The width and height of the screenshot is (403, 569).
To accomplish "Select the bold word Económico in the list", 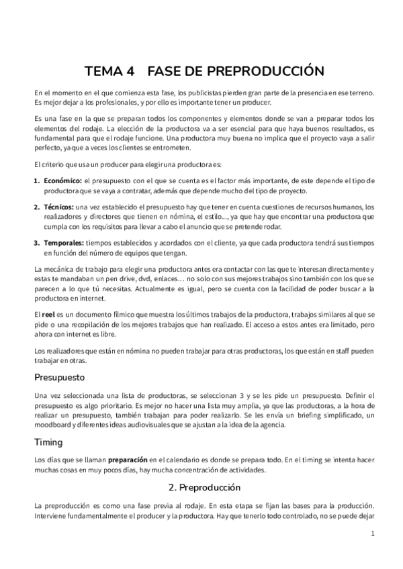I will (x=62, y=181).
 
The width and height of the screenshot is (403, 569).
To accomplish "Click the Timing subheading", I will (x=48, y=442).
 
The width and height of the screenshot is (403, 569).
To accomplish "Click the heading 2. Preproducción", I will (x=202, y=487).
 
